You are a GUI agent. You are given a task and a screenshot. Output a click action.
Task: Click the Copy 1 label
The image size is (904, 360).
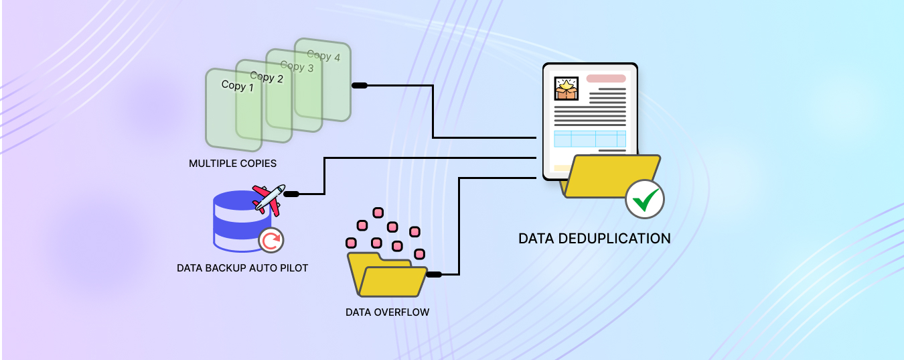pos(238,86)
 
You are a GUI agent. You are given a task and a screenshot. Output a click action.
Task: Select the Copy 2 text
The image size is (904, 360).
pos(267,78)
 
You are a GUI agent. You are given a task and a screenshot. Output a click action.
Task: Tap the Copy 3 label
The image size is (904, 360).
pos(297,66)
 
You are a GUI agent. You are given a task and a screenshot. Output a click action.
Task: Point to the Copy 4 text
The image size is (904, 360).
pos(323,56)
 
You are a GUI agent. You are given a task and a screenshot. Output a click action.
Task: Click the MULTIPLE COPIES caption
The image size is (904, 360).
pos(232,163)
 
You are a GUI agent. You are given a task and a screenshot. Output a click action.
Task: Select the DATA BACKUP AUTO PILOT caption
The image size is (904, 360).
pos(242,268)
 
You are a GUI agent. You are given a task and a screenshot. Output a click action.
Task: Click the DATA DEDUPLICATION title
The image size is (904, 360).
pos(594,238)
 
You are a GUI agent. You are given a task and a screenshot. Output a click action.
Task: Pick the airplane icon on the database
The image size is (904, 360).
pos(269,199)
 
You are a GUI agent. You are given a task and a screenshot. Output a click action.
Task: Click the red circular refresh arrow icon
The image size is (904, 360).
pos(271,240)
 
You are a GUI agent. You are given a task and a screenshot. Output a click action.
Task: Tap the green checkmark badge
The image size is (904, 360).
pos(645,199)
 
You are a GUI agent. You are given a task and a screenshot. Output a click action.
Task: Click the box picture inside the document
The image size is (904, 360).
pos(566,88)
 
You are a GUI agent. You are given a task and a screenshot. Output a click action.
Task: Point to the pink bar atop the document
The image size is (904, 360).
pos(606,78)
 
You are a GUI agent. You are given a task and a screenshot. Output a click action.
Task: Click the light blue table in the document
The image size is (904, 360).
pos(589,139)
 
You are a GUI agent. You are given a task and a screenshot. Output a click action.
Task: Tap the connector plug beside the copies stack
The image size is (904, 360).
pos(360,85)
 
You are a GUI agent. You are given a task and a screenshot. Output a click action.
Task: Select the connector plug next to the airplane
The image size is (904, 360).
pos(291,194)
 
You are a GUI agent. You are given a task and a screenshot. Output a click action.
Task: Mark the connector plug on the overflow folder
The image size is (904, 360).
pos(434,274)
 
